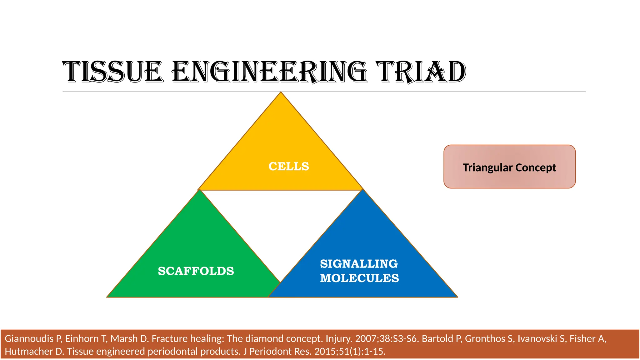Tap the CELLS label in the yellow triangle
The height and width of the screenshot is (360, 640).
289,166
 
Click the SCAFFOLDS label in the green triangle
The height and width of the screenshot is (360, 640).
196,271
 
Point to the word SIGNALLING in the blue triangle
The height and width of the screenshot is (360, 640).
359,264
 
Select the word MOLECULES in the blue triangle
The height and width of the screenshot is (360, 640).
359,278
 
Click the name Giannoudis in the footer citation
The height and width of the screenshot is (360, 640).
29,339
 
